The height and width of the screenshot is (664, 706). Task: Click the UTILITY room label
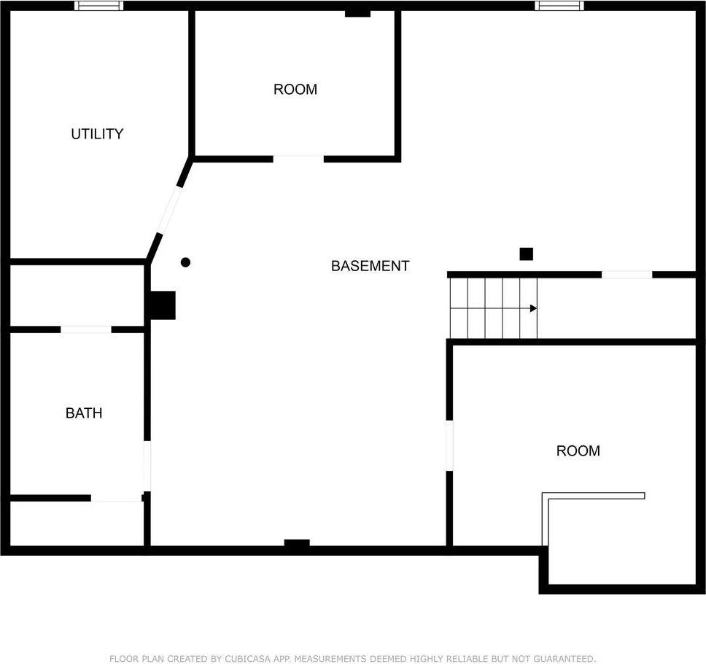pyautogui.click(x=97, y=134)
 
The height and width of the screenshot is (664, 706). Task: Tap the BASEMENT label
pyautogui.click(x=370, y=266)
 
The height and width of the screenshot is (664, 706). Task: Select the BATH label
pyautogui.click(x=84, y=413)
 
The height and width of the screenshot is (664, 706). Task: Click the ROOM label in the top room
pyautogui.click(x=295, y=90)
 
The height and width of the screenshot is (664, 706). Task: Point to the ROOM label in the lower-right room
pyautogui.click(x=578, y=451)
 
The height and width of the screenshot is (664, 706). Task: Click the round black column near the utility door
pyautogui.click(x=185, y=262)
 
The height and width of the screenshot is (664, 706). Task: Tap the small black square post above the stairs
pyautogui.click(x=526, y=254)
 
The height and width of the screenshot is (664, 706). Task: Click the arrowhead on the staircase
pyautogui.click(x=533, y=308)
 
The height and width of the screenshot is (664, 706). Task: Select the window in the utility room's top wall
pyautogui.click(x=99, y=6)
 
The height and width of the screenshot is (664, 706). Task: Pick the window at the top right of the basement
pyautogui.click(x=559, y=6)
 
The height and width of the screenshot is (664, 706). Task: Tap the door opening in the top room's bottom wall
pyautogui.click(x=298, y=157)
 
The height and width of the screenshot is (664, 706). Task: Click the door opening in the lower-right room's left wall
pyautogui.click(x=449, y=445)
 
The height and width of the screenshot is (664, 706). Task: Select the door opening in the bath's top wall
pyautogui.click(x=86, y=329)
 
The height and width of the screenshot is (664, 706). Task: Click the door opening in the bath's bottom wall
pyautogui.click(x=116, y=499)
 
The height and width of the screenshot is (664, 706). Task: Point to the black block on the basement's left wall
pyautogui.click(x=163, y=305)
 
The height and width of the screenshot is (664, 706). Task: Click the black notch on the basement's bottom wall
pyautogui.click(x=297, y=544)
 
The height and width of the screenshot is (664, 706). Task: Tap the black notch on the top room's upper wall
pyautogui.click(x=357, y=13)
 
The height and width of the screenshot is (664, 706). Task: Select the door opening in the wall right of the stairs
pyautogui.click(x=627, y=275)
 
